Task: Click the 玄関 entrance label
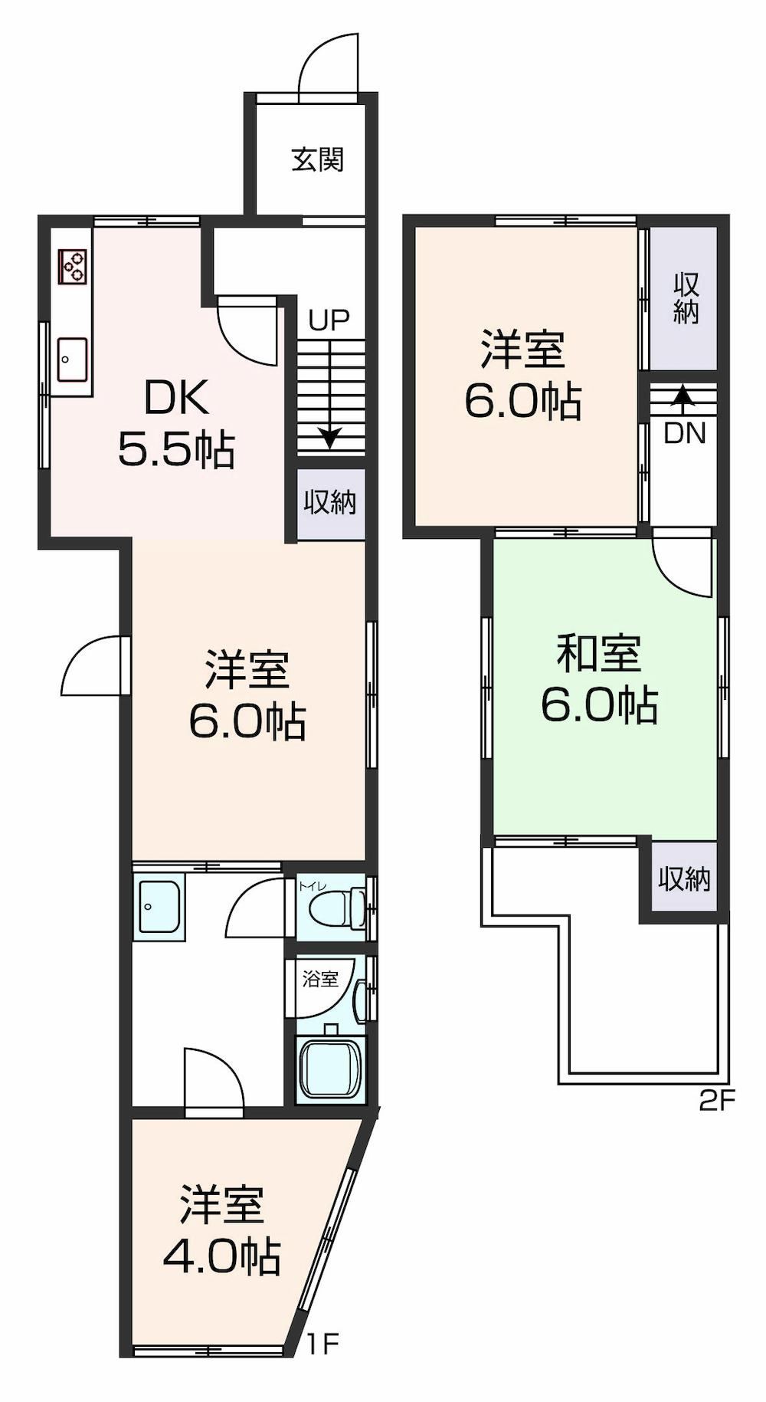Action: pos(317,159)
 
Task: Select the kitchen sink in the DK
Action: pos(74,359)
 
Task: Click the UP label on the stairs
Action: pos(329,320)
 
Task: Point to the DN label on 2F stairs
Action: pos(684,434)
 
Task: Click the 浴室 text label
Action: pos(320,979)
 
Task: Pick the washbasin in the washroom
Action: pos(159,906)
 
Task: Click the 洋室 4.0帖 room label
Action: pos(222,1231)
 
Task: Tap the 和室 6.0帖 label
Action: pos(599,679)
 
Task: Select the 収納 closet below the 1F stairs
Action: pos(330,502)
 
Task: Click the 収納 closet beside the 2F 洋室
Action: pos(686,297)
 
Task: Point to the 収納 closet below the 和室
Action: pos(684,878)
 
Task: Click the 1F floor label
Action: pos(322,1343)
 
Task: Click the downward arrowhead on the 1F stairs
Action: pos(329,438)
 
